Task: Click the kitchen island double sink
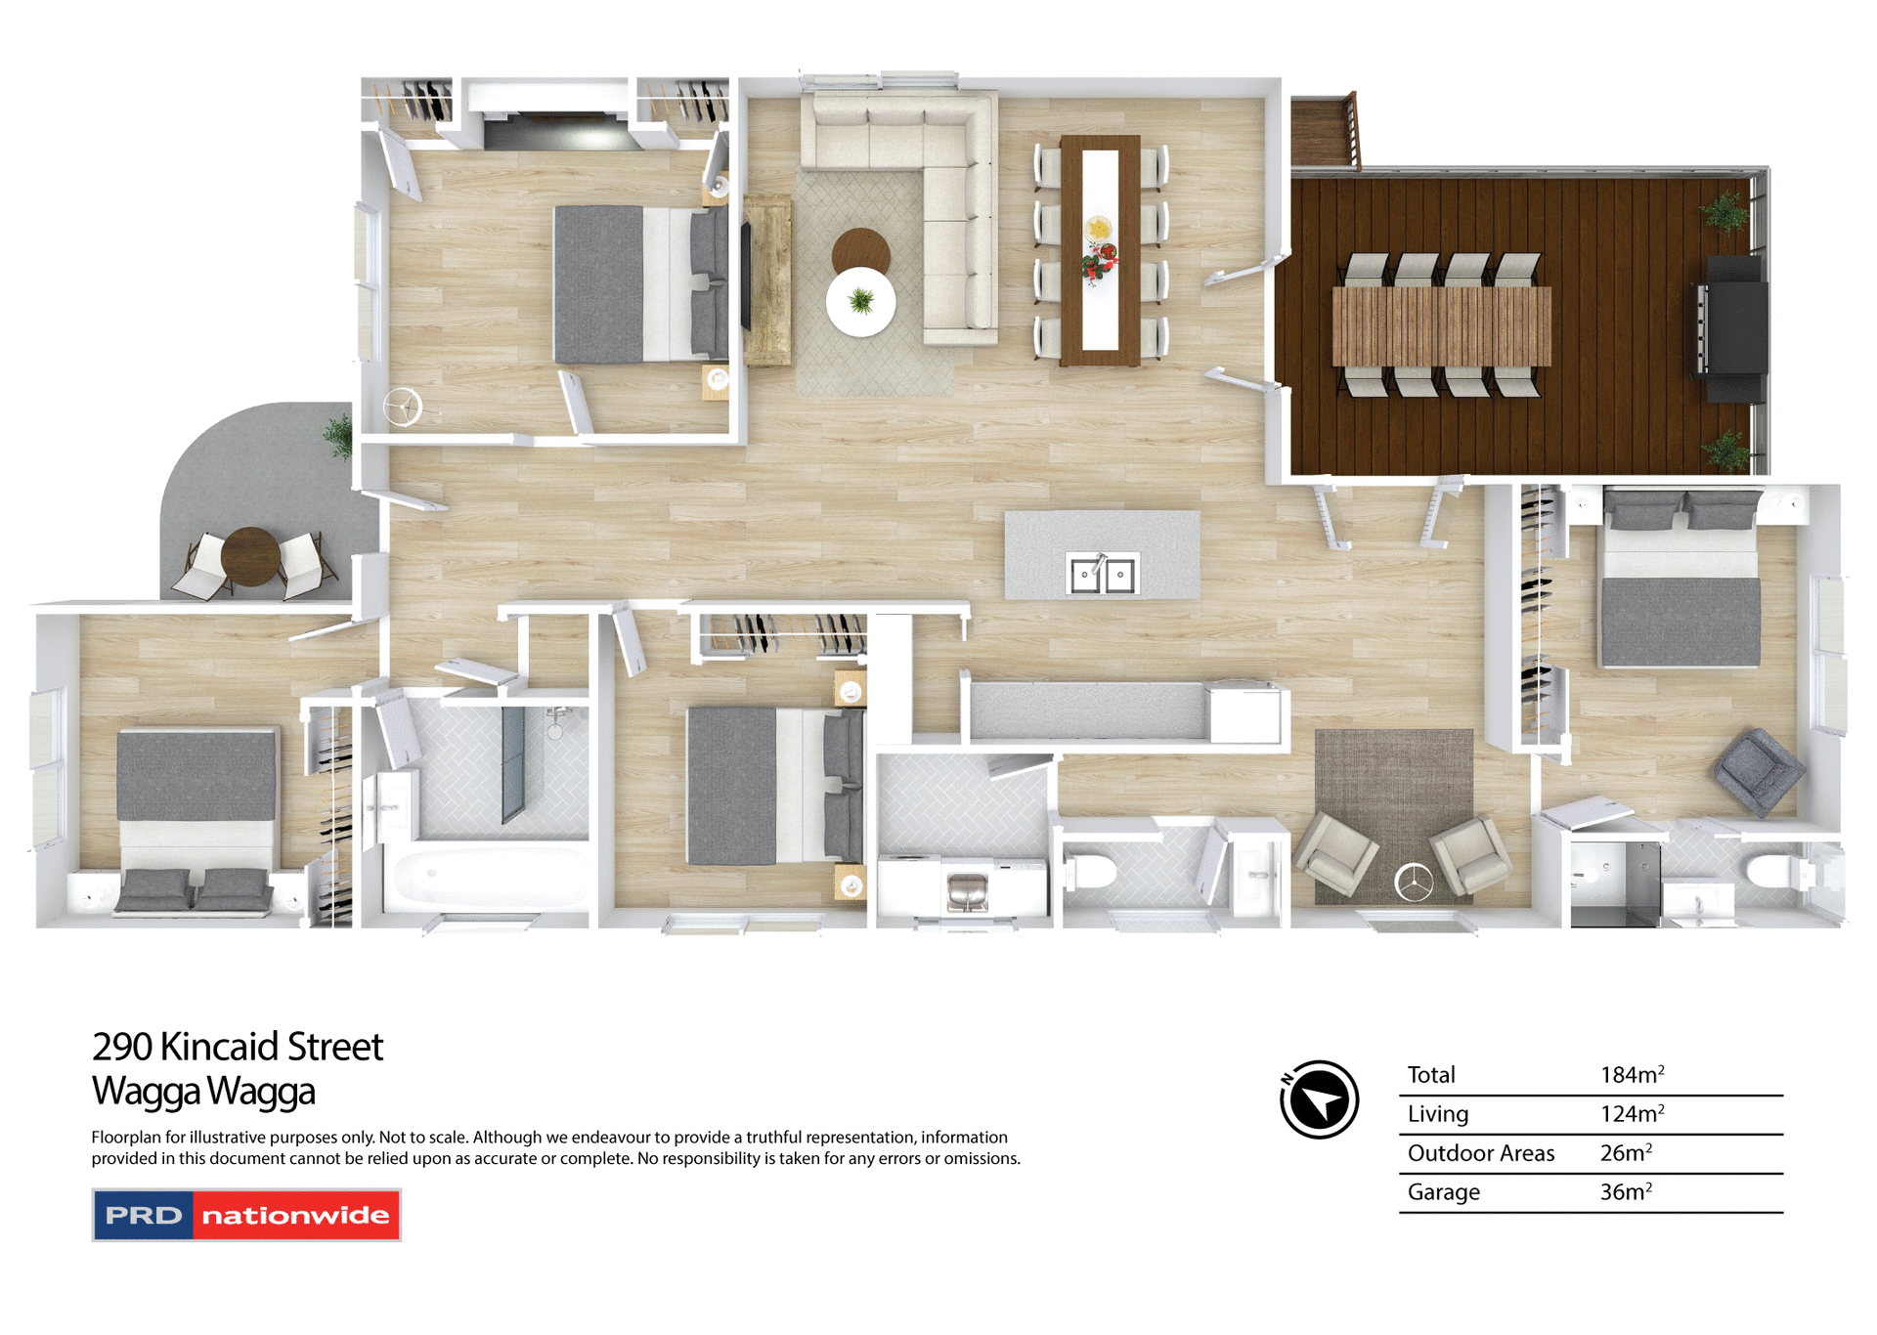tap(1102, 574)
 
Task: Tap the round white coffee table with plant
tap(860, 302)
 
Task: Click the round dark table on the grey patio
tap(250, 556)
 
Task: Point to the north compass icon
tap(1319, 1099)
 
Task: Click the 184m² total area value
tap(1632, 1075)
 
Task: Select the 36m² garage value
tap(1626, 1192)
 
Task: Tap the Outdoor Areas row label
tap(1480, 1153)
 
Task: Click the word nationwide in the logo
tap(295, 1216)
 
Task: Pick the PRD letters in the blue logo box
tap(144, 1216)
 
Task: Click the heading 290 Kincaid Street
tap(238, 1047)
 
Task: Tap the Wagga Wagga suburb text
tap(203, 1091)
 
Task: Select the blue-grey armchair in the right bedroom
tap(1758, 770)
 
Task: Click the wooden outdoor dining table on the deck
tap(1441, 325)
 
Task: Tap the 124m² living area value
tap(1632, 1114)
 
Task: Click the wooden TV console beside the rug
tap(767, 280)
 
